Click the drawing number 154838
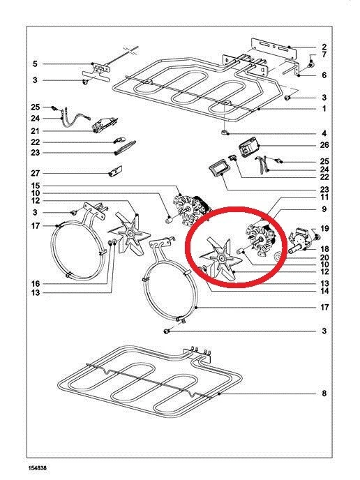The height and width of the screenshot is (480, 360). [x=38, y=468]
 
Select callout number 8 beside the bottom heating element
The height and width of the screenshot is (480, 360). [x=324, y=393]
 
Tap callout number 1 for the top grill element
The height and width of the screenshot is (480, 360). [x=324, y=109]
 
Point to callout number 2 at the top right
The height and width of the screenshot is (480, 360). [x=324, y=47]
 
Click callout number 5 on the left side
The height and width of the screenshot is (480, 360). [x=35, y=63]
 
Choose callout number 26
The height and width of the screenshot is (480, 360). [x=324, y=145]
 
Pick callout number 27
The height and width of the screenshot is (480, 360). [x=35, y=173]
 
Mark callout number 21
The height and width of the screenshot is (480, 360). [x=35, y=131]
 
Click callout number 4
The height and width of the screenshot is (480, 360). [x=324, y=133]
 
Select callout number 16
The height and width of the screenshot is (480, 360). [x=35, y=283]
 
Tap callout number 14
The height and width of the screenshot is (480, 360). [x=324, y=291]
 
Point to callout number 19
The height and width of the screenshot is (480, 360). [x=324, y=228]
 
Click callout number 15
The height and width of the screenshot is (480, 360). [x=35, y=186]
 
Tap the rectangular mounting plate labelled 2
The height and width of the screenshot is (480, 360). [x=274, y=49]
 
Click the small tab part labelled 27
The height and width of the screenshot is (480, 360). [x=116, y=172]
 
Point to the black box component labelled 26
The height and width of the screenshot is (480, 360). [x=249, y=147]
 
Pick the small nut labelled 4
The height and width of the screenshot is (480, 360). [x=225, y=133]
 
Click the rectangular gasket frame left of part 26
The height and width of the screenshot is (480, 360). [x=218, y=169]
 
